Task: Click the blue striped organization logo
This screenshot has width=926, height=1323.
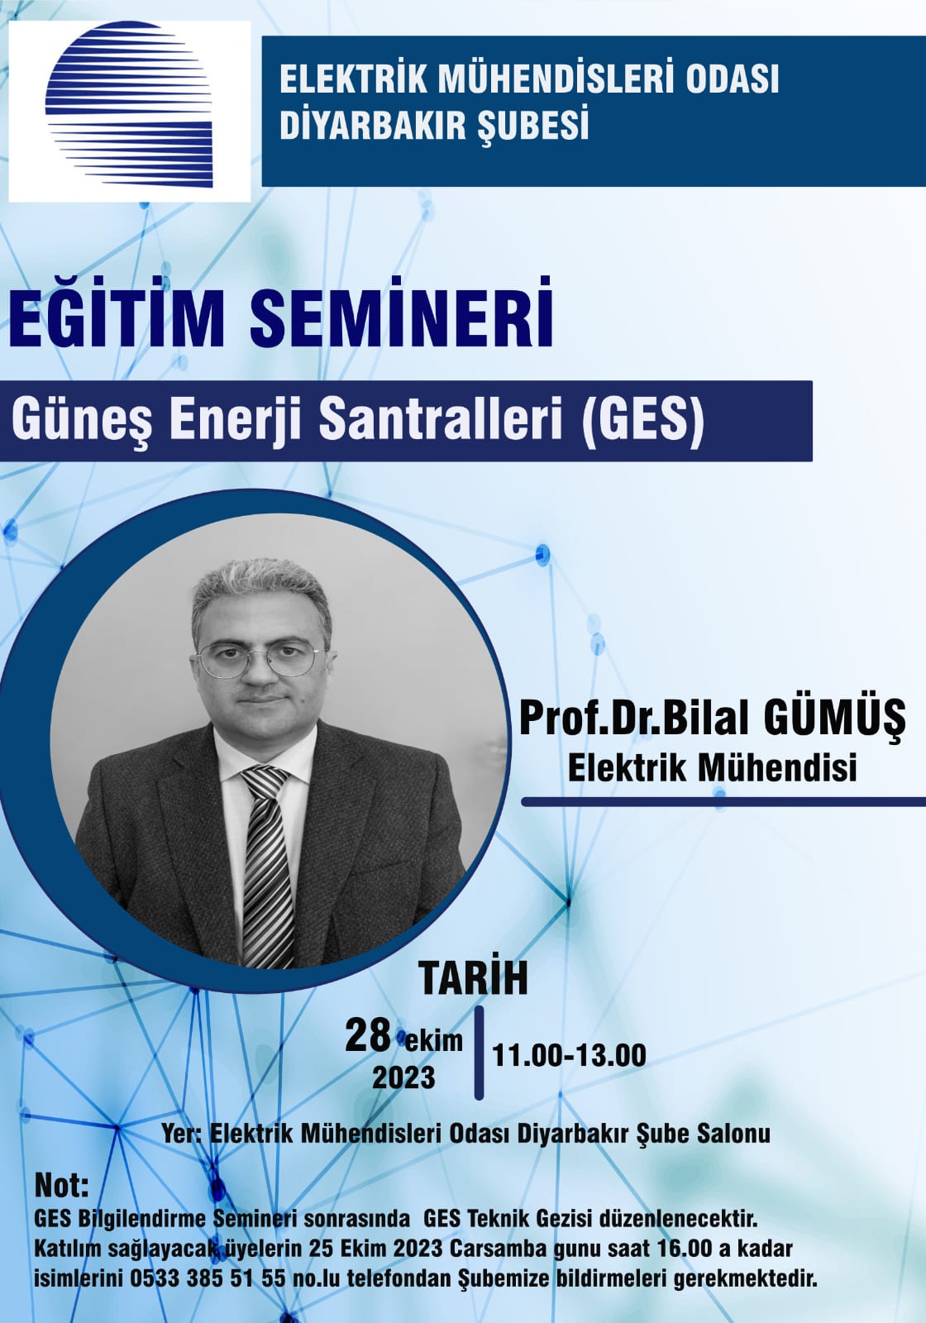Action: coord(129,104)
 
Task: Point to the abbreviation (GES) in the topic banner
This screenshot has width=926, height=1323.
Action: coord(642,420)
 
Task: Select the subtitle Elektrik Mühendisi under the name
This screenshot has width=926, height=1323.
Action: coord(712,768)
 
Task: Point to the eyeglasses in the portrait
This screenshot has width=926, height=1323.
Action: coord(260,657)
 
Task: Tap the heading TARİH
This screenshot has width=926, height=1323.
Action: coord(473,979)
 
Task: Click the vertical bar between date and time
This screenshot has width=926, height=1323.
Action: coord(479,1053)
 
